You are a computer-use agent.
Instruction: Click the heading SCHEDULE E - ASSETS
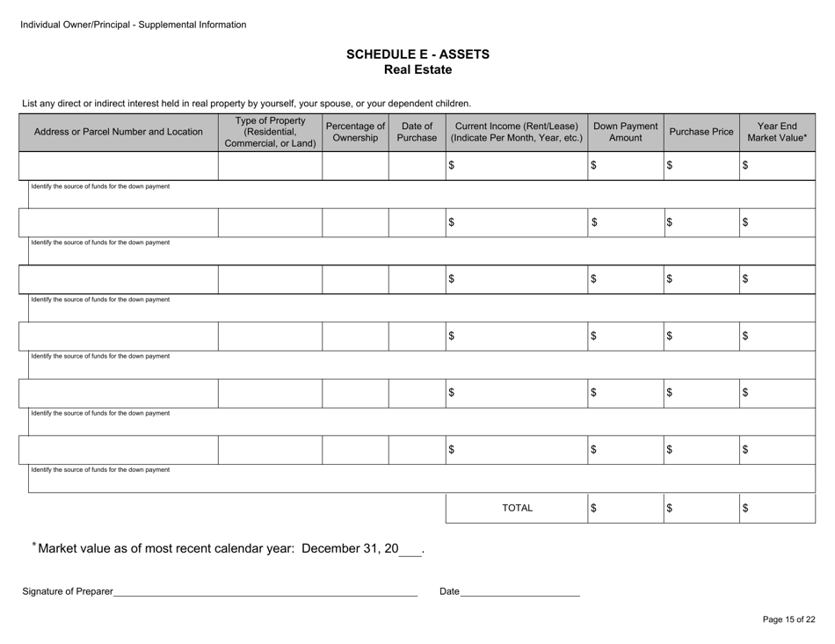pos(417,54)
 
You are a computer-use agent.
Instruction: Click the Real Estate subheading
pos(417,69)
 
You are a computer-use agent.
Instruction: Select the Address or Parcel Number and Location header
pos(118,132)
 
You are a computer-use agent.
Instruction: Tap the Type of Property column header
pos(270,132)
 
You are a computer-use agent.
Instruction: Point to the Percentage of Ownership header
pos(355,132)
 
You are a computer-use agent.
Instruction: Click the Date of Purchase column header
pos(417,132)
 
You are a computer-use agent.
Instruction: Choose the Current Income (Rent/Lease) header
pos(516,132)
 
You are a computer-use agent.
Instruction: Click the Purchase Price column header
pos(701,132)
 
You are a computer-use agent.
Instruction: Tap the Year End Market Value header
pos(777,132)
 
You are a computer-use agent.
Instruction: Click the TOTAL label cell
pos(516,508)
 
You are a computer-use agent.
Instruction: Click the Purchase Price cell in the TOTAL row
pos(701,508)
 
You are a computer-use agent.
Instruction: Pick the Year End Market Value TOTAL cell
pos(777,508)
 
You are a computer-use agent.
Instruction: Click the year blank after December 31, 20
pos(410,551)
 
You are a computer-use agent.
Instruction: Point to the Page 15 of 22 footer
pos(788,619)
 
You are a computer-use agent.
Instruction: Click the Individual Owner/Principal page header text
pos(134,25)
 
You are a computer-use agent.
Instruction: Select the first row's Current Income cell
pos(516,165)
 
